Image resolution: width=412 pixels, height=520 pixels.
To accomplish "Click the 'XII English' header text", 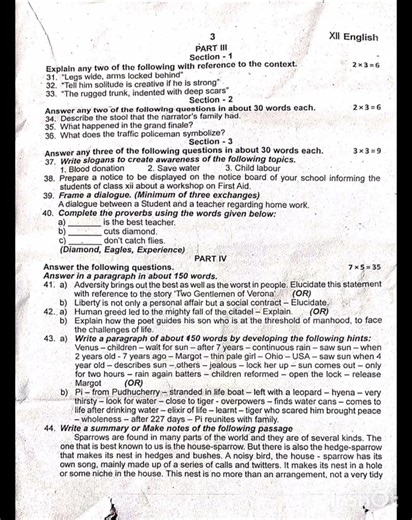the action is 353,37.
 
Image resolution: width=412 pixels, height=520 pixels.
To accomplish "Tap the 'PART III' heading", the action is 211,48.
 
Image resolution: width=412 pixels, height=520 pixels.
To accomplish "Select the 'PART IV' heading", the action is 210,258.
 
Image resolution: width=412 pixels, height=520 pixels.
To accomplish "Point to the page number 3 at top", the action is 212,37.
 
